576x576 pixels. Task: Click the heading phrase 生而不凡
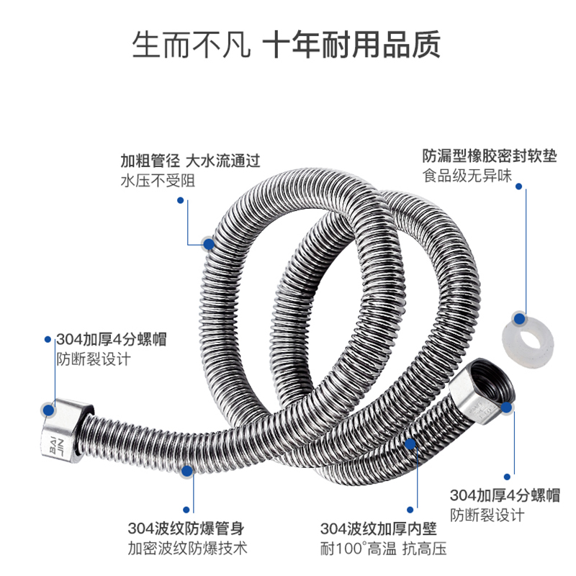click(x=191, y=45)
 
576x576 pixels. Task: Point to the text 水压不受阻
click(x=158, y=181)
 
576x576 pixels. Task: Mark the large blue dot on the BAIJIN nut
click(x=49, y=410)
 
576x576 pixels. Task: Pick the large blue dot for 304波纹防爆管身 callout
click(x=186, y=471)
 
